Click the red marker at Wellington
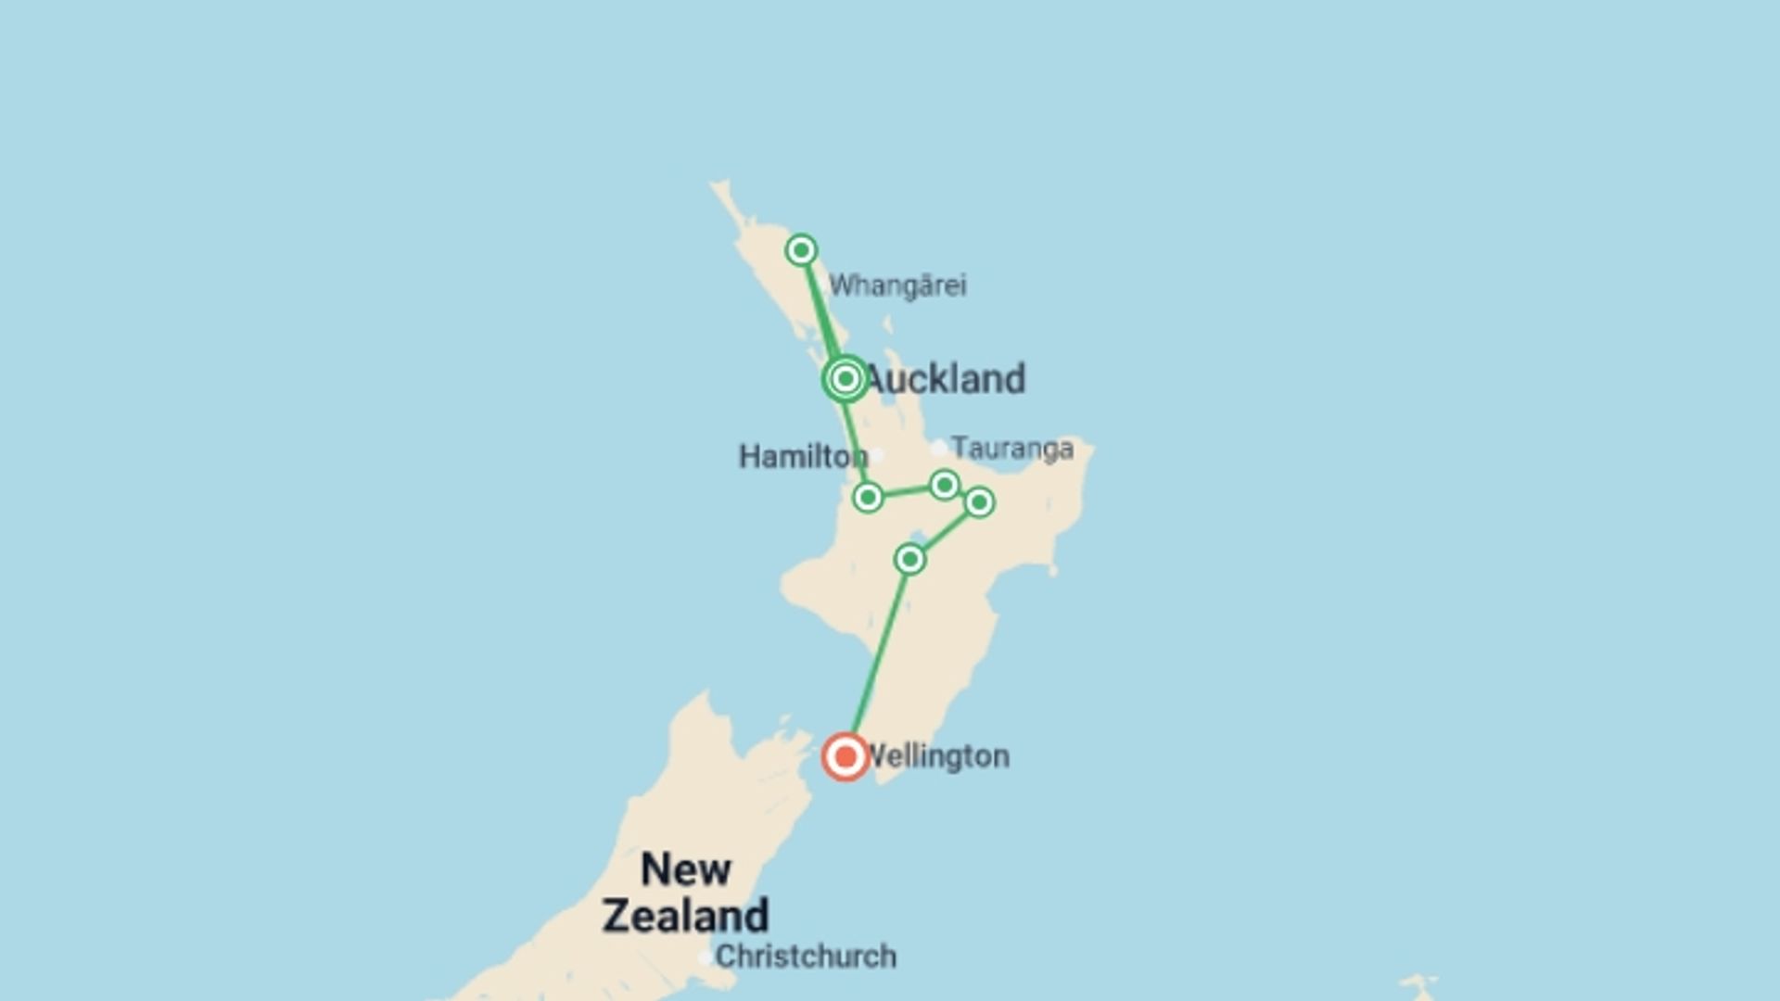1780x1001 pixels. click(x=845, y=757)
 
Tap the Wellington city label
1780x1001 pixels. click(x=936, y=756)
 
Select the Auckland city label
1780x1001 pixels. click(x=946, y=379)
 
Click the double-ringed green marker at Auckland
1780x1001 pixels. click(x=845, y=378)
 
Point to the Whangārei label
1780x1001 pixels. click(x=897, y=285)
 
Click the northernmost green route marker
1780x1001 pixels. click(x=801, y=250)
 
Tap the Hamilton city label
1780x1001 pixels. click(x=802, y=456)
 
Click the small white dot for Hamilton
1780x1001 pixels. click(x=876, y=455)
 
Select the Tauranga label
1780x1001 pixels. click(x=1012, y=449)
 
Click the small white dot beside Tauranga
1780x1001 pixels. click(x=939, y=449)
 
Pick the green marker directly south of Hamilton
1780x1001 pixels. click(x=868, y=498)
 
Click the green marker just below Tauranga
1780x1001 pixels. click(x=944, y=485)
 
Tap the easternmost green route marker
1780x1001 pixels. click(x=979, y=502)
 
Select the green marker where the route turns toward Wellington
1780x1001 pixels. click(x=909, y=559)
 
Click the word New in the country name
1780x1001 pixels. click(x=686, y=869)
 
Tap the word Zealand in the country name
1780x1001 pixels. click(x=686, y=916)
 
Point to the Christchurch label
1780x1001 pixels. click(x=806, y=957)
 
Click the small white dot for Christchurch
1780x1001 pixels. click(x=706, y=957)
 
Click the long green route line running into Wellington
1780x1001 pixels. click(x=879, y=653)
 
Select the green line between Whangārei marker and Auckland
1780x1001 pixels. click(x=821, y=310)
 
